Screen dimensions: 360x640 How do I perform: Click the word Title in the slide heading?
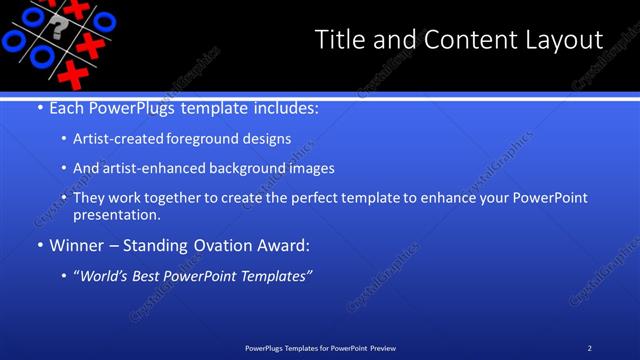(x=340, y=40)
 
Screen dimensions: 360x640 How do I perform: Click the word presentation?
(x=116, y=215)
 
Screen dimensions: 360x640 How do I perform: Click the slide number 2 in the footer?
(x=590, y=347)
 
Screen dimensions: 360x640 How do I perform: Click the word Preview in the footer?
(x=381, y=347)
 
